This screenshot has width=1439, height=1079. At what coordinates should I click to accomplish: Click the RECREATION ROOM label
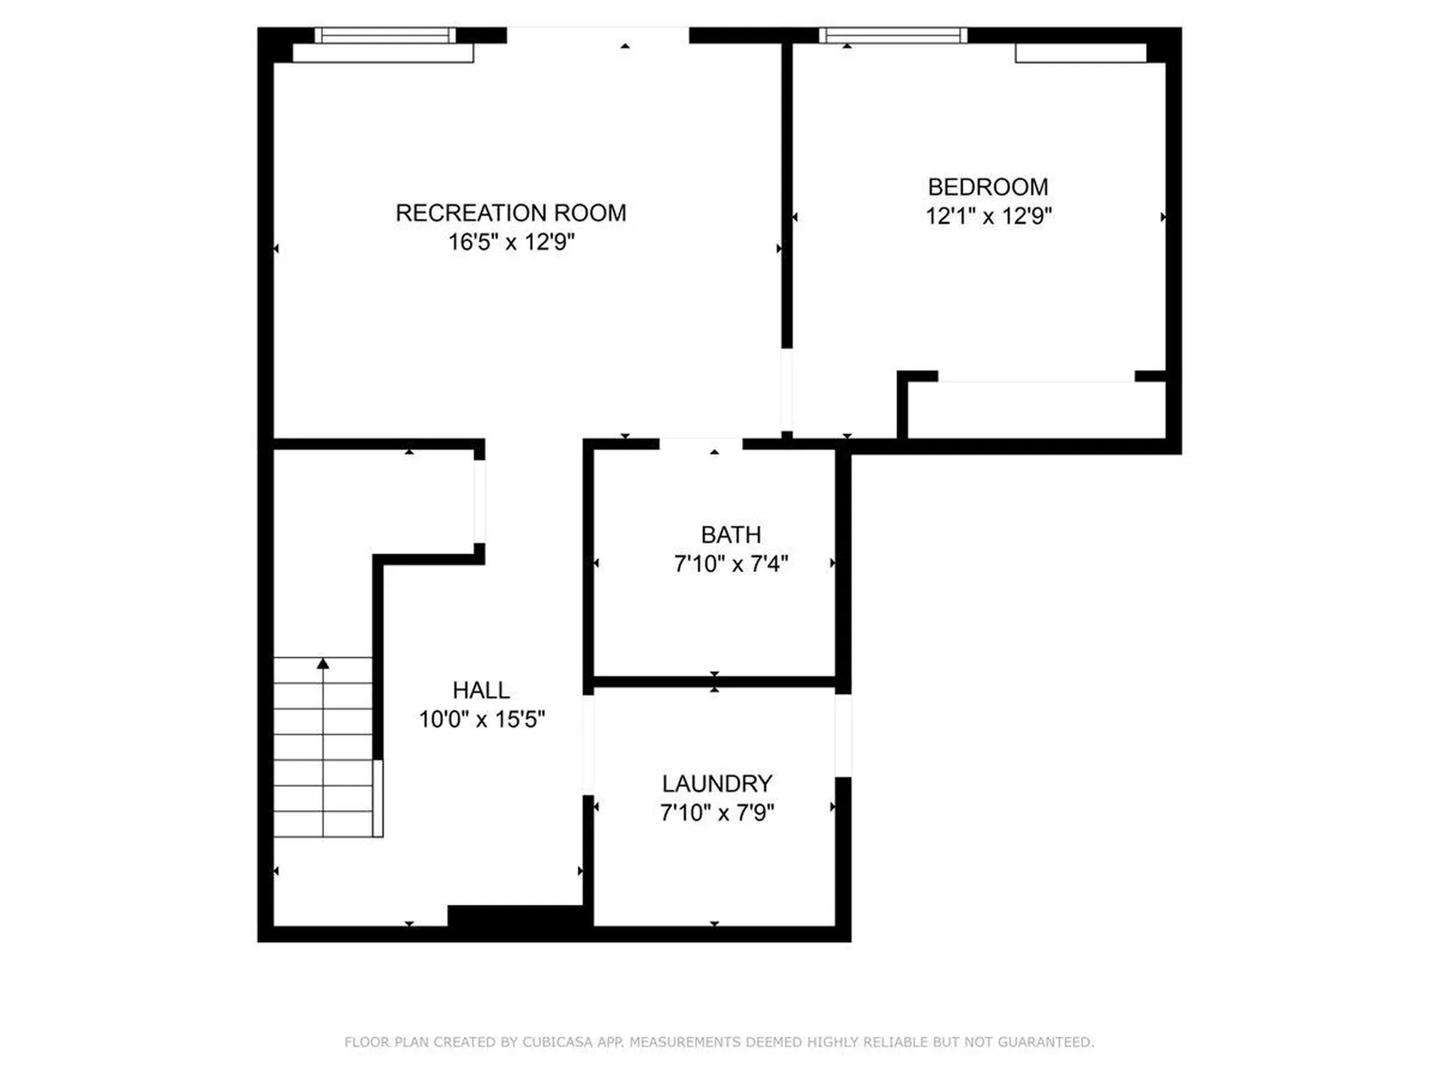tap(510, 214)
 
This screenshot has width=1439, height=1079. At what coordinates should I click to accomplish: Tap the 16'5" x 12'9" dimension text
tap(510, 242)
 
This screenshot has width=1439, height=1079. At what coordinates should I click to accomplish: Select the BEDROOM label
tap(988, 187)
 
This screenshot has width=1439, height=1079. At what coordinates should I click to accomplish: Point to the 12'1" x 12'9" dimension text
tap(988, 217)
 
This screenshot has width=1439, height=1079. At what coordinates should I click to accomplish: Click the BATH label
tap(731, 535)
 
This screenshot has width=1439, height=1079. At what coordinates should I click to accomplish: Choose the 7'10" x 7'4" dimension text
tap(731, 563)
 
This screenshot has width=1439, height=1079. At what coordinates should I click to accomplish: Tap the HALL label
tap(481, 690)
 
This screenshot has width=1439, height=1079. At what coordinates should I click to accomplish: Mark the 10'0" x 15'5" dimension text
tap(481, 719)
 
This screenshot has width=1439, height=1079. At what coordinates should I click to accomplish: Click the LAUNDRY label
tap(717, 784)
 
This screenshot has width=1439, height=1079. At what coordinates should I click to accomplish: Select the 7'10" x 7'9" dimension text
tap(717, 812)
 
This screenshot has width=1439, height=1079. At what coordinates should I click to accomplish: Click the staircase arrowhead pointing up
tap(323, 664)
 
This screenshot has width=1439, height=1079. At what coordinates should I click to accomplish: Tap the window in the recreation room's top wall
tap(384, 35)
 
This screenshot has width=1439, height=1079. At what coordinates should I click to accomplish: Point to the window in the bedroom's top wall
tap(893, 35)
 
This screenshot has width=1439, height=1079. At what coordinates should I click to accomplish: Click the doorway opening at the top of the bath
tap(701, 444)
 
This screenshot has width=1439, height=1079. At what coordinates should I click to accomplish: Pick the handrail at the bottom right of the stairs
tap(378, 798)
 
